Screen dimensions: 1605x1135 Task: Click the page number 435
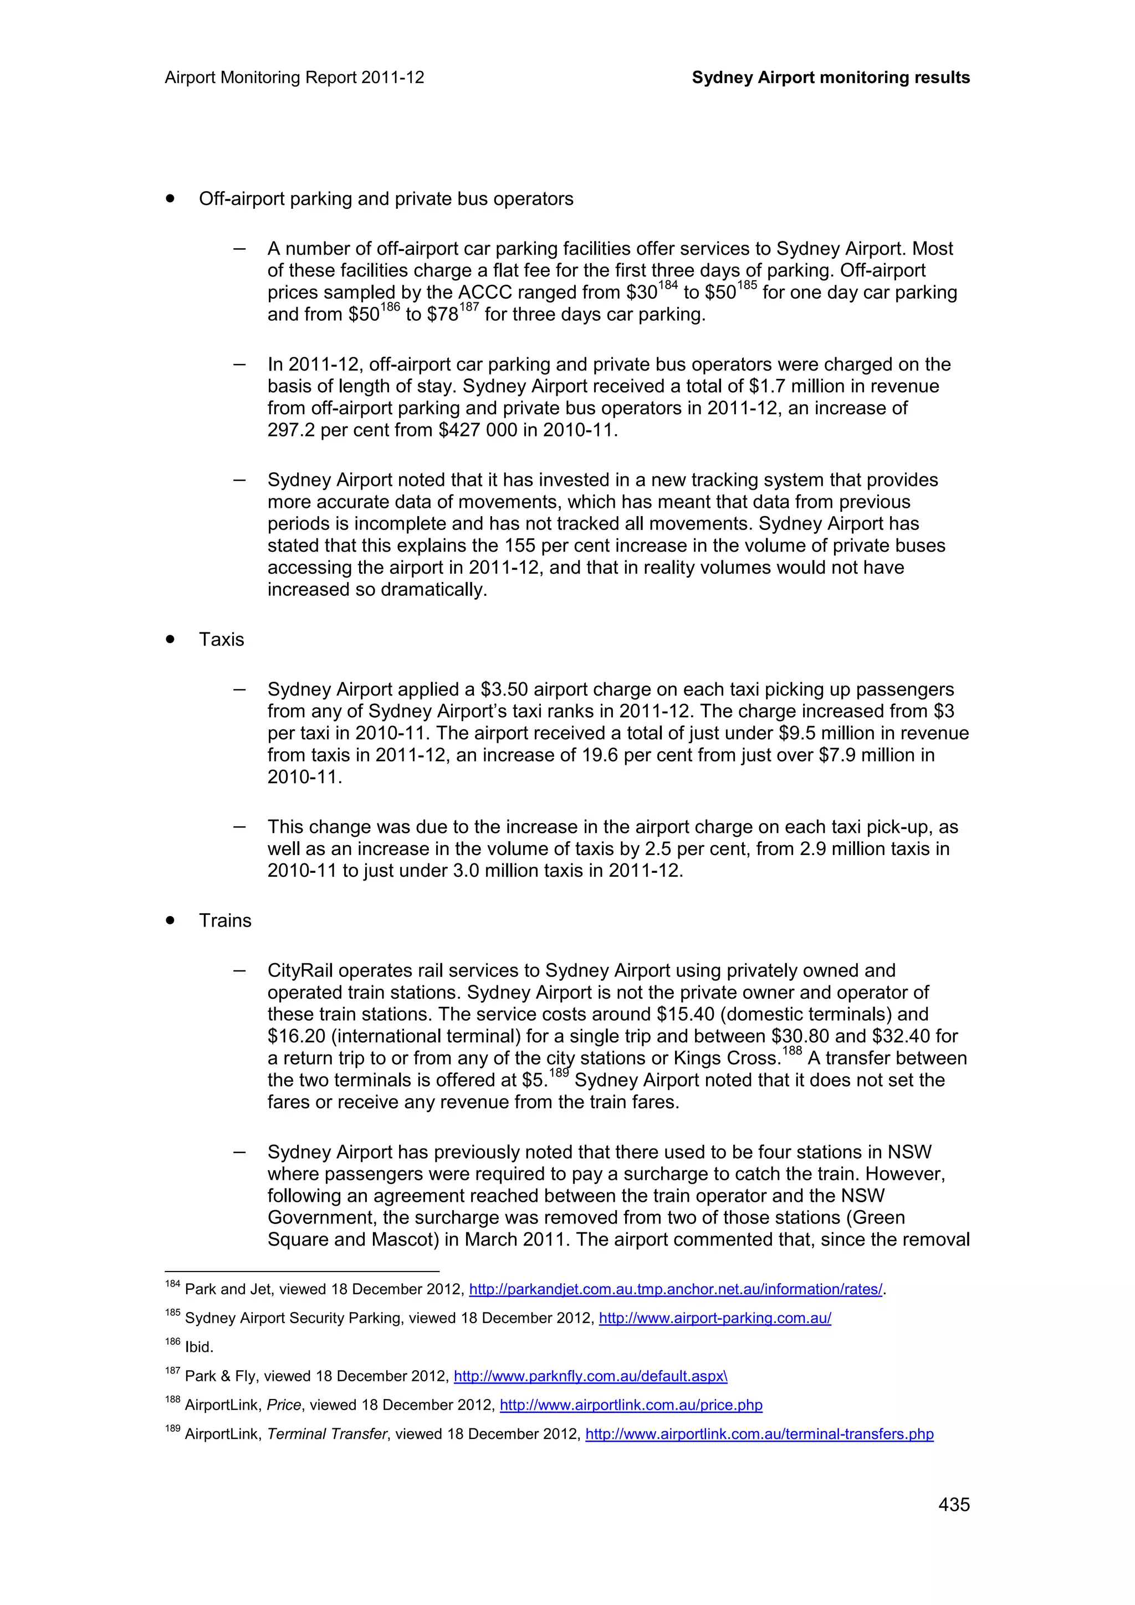[x=953, y=1504]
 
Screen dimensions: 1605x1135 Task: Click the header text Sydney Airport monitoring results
[x=830, y=78]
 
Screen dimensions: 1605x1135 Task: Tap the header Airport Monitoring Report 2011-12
[x=294, y=78]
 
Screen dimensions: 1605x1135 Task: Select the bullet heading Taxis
[x=221, y=640]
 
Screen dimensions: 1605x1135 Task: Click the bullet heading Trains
[x=224, y=920]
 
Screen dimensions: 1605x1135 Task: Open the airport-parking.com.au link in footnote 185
[x=715, y=1318]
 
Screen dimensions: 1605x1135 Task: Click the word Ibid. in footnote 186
[x=200, y=1347]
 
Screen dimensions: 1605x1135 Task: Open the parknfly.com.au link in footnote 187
[x=590, y=1376]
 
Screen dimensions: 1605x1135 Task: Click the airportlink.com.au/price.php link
[x=631, y=1405]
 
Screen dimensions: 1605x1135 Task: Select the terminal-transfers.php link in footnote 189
[x=759, y=1434]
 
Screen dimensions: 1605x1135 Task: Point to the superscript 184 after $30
[x=668, y=286]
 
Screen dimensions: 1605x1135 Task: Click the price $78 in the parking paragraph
[x=442, y=315]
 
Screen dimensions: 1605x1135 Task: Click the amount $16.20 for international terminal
[x=294, y=1037]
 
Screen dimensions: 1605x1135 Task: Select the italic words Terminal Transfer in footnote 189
[x=326, y=1434]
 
